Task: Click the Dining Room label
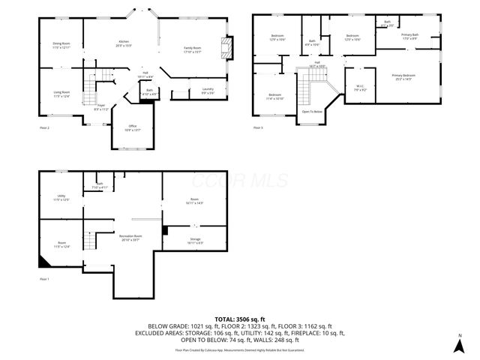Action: (x=61, y=43)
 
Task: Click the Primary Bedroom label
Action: (x=403, y=76)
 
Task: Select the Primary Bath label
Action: (x=409, y=35)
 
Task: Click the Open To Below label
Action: (x=312, y=112)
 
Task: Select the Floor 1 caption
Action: (x=43, y=279)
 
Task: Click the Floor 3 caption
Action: (x=258, y=127)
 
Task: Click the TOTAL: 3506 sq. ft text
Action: (x=239, y=319)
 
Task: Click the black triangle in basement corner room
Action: (x=43, y=262)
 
